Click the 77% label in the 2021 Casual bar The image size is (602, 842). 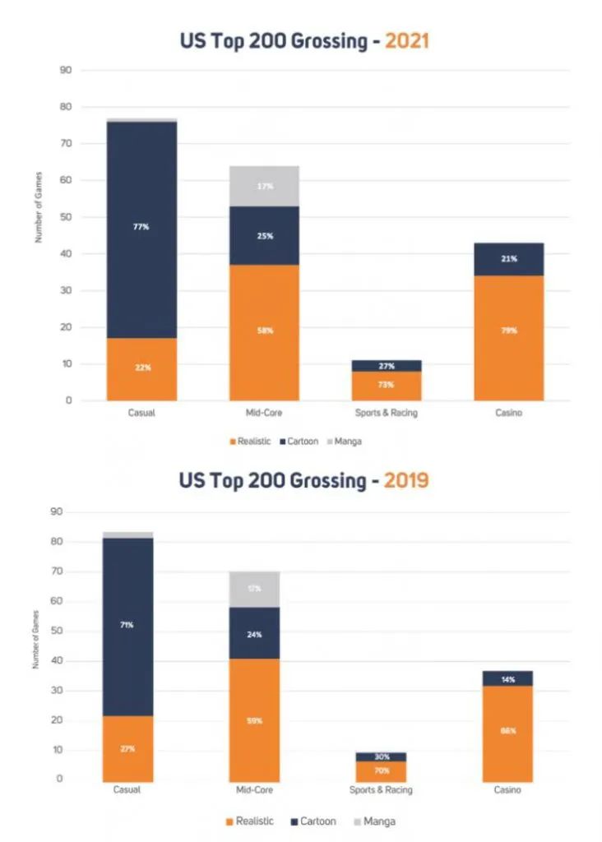(x=141, y=227)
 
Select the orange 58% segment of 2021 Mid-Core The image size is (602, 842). (x=264, y=331)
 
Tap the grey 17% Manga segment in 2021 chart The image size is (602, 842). (x=264, y=187)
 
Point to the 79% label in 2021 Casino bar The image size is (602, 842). (x=509, y=331)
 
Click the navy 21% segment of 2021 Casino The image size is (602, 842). (x=509, y=259)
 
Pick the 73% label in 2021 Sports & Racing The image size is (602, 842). (x=387, y=385)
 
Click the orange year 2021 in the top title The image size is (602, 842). (x=406, y=40)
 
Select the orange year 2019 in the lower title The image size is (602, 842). (x=406, y=479)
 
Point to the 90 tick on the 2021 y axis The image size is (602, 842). (x=66, y=71)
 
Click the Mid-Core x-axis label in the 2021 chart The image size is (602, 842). (x=264, y=413)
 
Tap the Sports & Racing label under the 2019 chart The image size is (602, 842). (x=380, y=789)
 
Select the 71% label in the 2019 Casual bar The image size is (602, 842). (x=127, y=625)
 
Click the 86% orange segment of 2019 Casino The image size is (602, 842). (x=507, y=731)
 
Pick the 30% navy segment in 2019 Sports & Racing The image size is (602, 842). (x=380, y=756)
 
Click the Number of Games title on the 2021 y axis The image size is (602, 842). (x=38, y=207)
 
